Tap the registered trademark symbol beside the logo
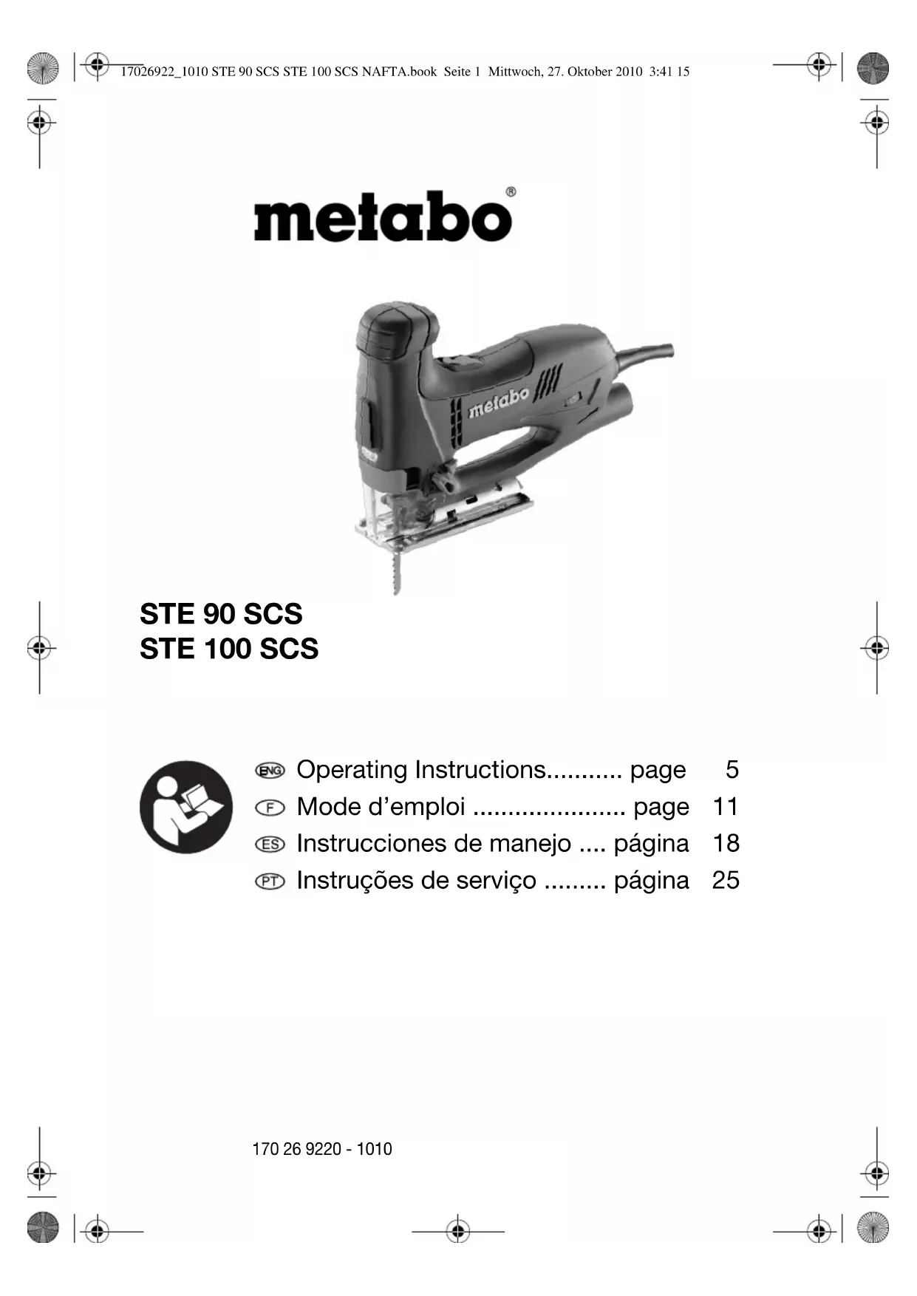[511, 192]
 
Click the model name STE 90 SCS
[221, 614]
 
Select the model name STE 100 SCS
[229, 649]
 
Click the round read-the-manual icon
[186, 807]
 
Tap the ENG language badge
[270, 771]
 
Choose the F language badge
[270, 808]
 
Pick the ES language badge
[270, 845]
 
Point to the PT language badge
[270, 881]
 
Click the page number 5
[732, 770]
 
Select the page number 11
[726, 807]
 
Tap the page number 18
[726, 844]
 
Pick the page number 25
[726, 881]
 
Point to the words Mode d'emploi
[381, 807]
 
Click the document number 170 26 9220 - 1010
[322, 1149]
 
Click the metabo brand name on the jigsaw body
[500, 403]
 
